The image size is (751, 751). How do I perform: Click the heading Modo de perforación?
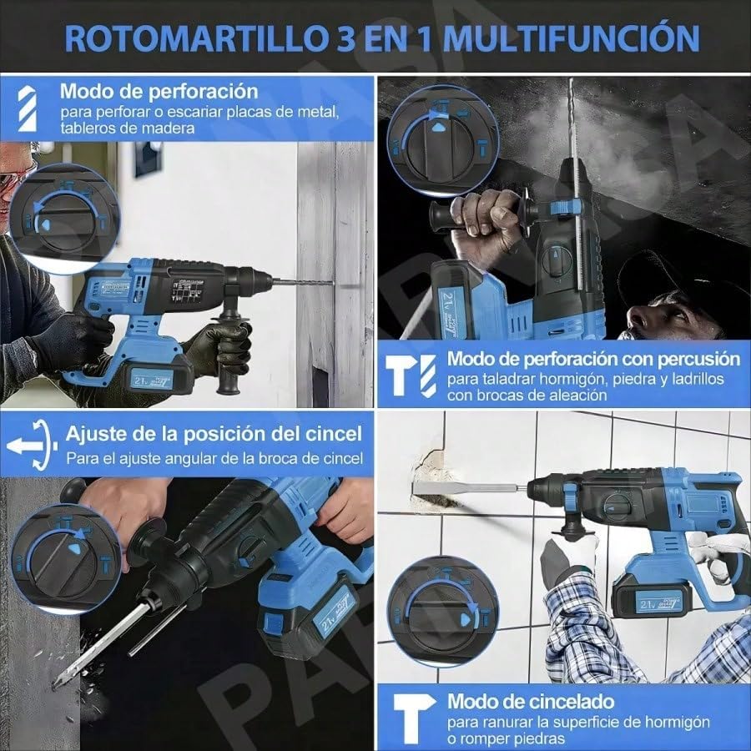(159, 91)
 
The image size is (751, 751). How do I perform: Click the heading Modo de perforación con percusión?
(593, 360)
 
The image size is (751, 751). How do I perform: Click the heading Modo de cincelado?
(531, 701)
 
